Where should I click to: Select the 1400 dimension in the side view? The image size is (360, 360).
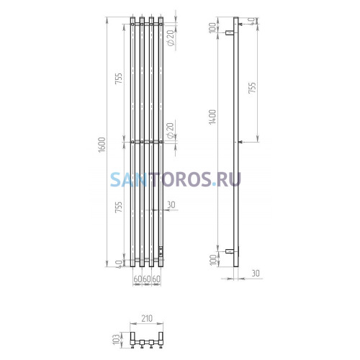tap(212, 117)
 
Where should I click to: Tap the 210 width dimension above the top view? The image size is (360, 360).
tap(147, 318)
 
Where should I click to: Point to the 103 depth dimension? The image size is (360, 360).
tap(116, 339)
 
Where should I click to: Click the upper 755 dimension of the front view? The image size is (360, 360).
tap(119, 78)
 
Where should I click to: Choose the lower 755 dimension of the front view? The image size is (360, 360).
tap(119, 207)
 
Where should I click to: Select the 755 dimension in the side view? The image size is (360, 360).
tap(252, 88)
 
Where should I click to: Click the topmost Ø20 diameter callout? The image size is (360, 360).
tap(171, 38)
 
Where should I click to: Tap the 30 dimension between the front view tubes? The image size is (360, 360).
tap(171, 204)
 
